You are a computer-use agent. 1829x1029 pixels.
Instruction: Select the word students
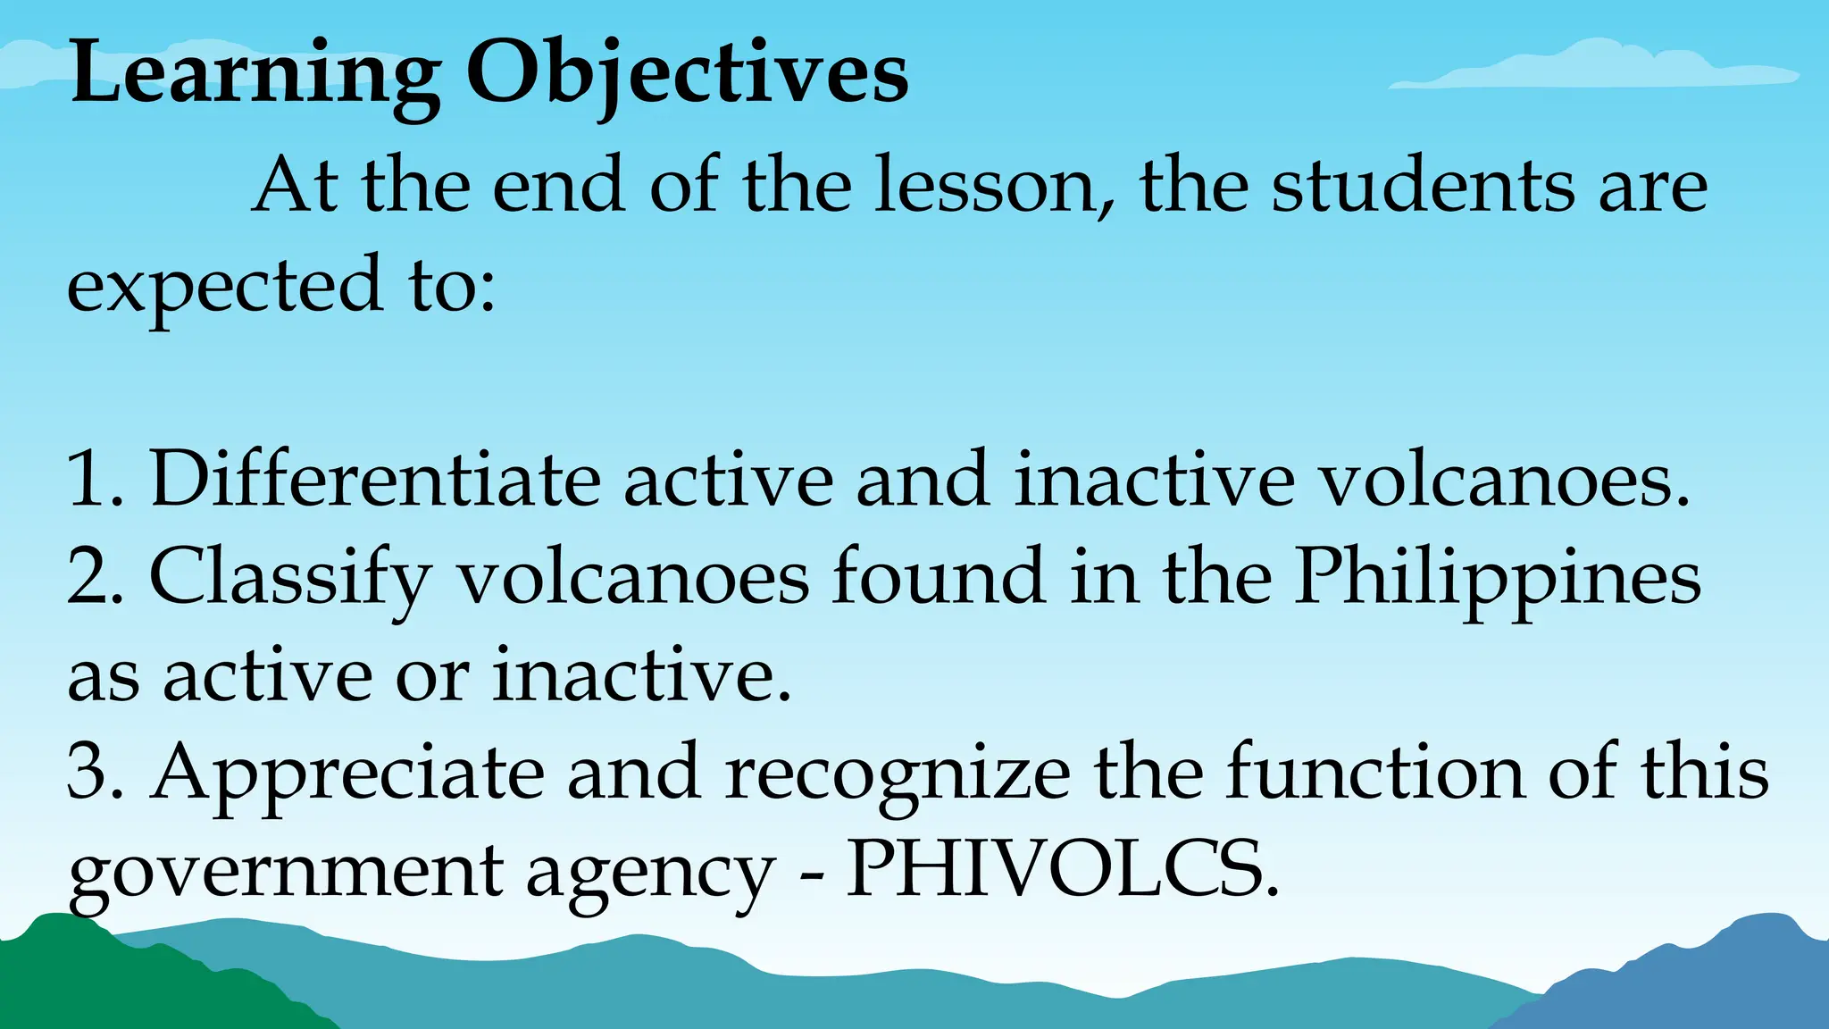point(1424,186)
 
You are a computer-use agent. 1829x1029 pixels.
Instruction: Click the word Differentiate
point(375,480)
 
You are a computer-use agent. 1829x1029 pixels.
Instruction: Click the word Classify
point(290,579)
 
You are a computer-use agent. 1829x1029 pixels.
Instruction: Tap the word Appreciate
point(347,774)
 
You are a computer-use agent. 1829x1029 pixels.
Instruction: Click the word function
point(1375,772)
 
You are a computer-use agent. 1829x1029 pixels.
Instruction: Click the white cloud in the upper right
point(1599,67)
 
